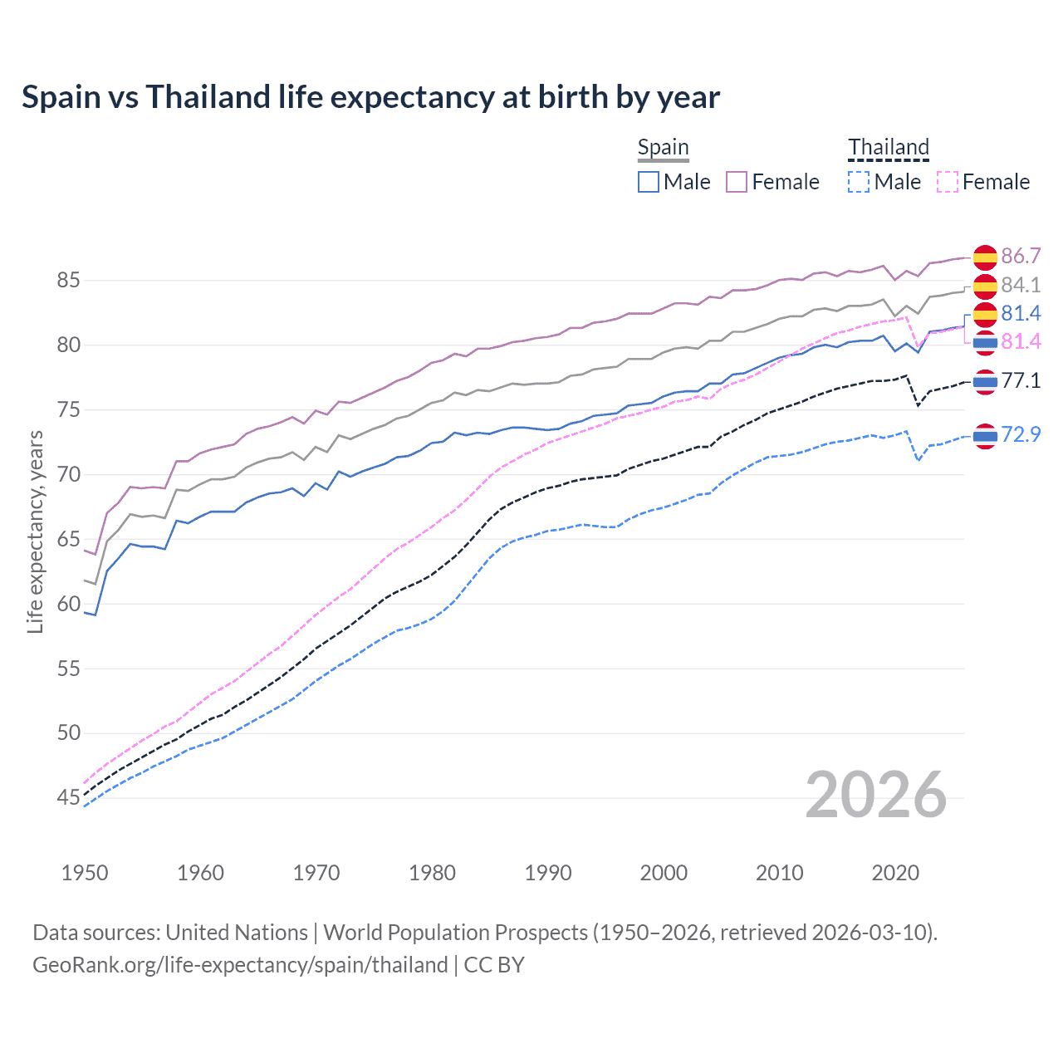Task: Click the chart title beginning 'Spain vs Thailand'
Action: pos(370,97)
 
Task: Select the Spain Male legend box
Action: pos(649,182)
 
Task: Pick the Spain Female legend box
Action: pos(737,182)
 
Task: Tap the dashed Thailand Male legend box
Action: pos(859,182)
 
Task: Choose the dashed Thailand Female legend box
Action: pos(948,182)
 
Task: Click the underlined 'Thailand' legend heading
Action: pos(888,148)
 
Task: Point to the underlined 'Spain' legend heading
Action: pos(663,148)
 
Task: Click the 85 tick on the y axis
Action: pos(68,281)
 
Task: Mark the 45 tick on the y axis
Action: pos(68,798)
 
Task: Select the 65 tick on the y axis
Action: pos(68,539)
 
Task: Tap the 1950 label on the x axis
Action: pos(85,873)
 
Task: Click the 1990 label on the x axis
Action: pos(548,873)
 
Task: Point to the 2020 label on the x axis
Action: pos(895,873)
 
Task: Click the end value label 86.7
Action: pos(1021,256)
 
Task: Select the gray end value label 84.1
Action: pos(1021,285)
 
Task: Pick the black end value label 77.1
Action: pos(1021,380)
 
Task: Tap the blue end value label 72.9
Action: pos(1021,434)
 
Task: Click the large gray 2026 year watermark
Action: pos(876,795)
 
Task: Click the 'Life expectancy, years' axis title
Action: pos(35,531)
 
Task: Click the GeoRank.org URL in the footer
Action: pos(240,965)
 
